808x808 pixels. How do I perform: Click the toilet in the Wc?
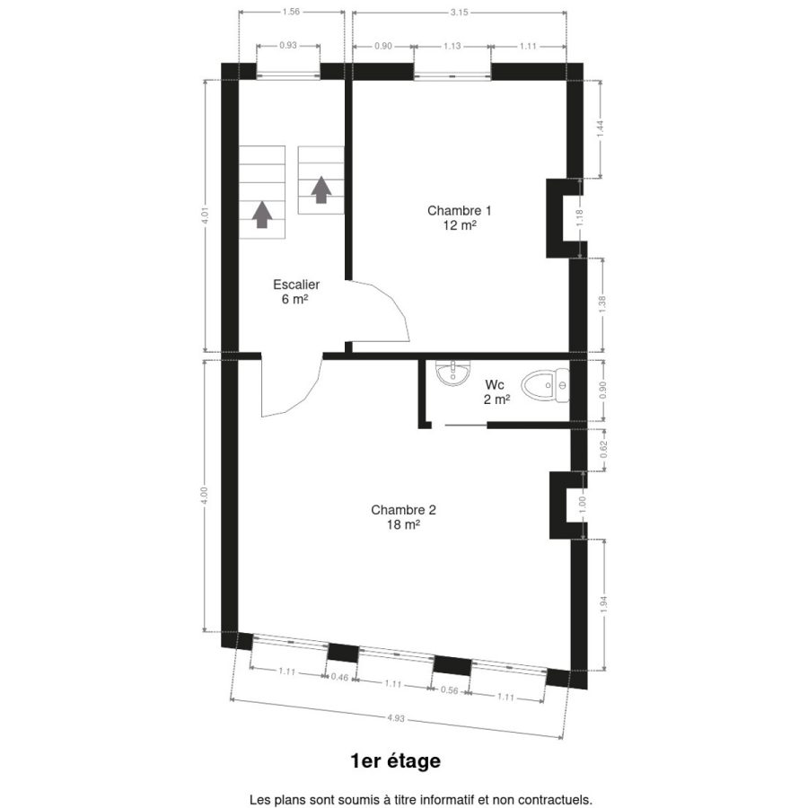[x=545, y=385]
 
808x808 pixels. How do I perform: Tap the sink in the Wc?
[x=453, y=372]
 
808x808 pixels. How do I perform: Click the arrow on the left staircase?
[x=262, y=215]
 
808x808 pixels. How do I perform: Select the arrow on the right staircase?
[x=321, y=189]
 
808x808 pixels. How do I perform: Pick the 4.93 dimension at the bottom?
[x=396, y=718]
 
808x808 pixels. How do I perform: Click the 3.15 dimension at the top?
[x=459, y=12]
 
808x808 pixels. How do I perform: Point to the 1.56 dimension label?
[x=291, y=12]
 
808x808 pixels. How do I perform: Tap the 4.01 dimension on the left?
[x=205, y=215]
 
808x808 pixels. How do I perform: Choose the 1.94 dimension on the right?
[x=604, y=604]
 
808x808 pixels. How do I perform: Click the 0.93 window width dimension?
[x=288, y=46]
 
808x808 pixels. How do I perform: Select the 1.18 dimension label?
[x=580, y=218]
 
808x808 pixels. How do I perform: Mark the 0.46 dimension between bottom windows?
[x=339, y=677]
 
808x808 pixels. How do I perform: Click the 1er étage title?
[x=395, y=760]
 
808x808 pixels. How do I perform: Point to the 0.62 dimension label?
[x=604, y=450]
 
